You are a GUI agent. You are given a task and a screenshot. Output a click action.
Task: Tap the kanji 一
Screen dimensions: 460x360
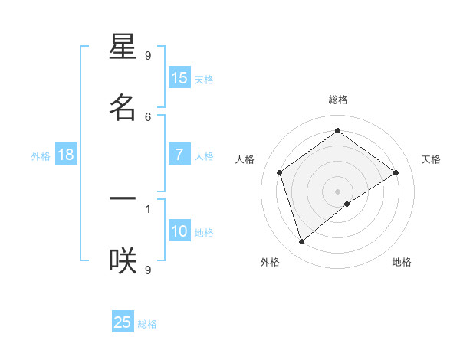coord(123,199)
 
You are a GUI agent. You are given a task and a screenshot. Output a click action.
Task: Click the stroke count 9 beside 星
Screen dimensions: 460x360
coord(148,55)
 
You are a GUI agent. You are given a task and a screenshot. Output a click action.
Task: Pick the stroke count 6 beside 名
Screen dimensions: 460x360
coord(148,116)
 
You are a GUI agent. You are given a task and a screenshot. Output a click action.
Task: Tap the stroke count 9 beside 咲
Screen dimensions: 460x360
coord(148,269)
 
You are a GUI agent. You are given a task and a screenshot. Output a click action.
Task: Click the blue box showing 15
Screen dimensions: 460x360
coord(179,78)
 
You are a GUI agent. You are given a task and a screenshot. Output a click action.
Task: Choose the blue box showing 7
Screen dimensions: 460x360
coord(179,155)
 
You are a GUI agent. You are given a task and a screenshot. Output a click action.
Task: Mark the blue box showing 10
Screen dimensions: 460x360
coord(179,231)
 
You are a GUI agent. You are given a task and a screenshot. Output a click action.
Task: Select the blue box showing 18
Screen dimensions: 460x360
coord(66,155)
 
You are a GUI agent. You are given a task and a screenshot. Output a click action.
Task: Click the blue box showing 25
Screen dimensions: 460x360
coord(123,322)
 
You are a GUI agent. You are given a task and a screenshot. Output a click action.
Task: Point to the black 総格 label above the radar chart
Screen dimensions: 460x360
coord(338,100)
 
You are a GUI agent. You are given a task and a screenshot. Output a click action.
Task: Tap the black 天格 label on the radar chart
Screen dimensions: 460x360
coord(431,159)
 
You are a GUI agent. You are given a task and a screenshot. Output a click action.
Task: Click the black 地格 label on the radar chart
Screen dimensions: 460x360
coord(402,262)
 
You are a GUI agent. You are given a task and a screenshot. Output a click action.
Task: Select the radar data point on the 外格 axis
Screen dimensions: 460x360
coord(302,241)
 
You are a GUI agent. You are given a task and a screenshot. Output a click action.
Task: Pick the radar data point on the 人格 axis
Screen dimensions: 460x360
coord(280,172)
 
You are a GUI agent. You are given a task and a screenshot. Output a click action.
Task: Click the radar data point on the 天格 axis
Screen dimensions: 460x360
coord(396,172)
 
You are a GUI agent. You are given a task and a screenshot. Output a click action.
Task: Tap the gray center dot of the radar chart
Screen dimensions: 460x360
coord(338,191)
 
